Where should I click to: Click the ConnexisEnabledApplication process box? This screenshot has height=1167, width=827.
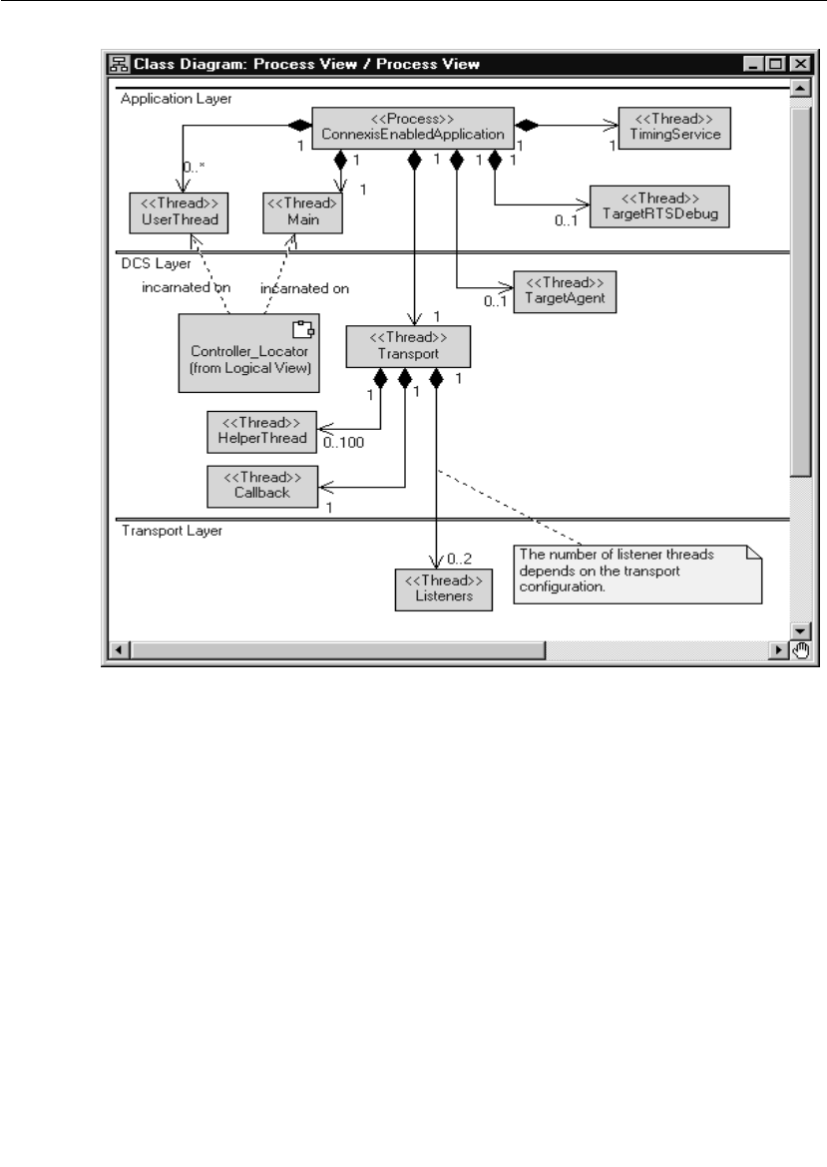coord(413,127)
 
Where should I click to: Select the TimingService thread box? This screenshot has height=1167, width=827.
coord(674,126)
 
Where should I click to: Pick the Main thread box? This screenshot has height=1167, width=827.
coord(303,211)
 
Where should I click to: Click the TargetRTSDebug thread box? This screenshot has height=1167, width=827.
coord(659,205)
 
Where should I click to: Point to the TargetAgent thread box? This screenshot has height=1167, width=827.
coord(558,291)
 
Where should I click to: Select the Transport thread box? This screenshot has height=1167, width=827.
coord(407,346)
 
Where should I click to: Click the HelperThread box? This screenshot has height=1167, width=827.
coord(262,429)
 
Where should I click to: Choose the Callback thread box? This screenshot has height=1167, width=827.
coord(262,485)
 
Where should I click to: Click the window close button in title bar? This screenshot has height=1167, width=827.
coord(797,64)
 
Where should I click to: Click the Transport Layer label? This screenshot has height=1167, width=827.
coord(172,531)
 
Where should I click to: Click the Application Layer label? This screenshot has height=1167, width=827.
coord(176,98)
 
